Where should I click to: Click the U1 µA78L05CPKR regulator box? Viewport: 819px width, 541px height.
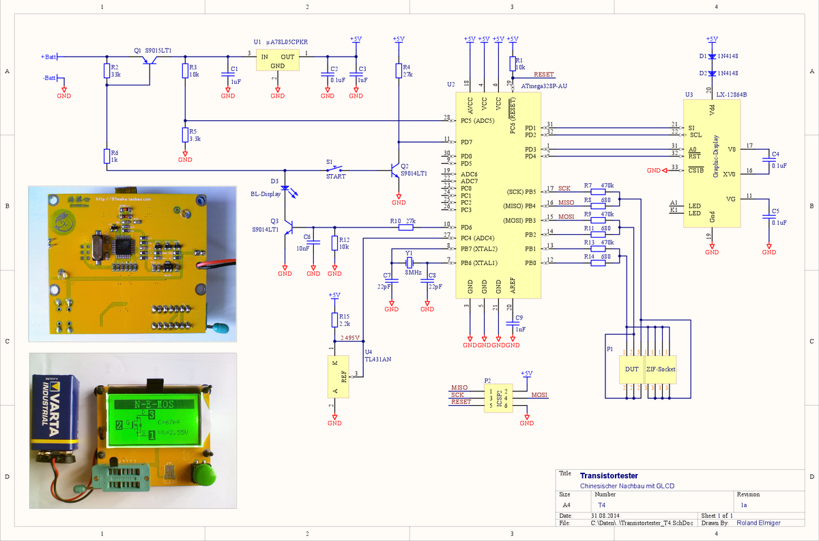coord(277,61)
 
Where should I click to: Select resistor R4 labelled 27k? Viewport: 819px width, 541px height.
coord(399,70)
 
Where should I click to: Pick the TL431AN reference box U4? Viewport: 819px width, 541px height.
coord(334,376)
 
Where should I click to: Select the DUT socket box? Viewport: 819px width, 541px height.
coord(631,370)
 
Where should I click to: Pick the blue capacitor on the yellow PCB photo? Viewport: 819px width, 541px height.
coord(219,328)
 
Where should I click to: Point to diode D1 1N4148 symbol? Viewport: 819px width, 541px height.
coord(712,56)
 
